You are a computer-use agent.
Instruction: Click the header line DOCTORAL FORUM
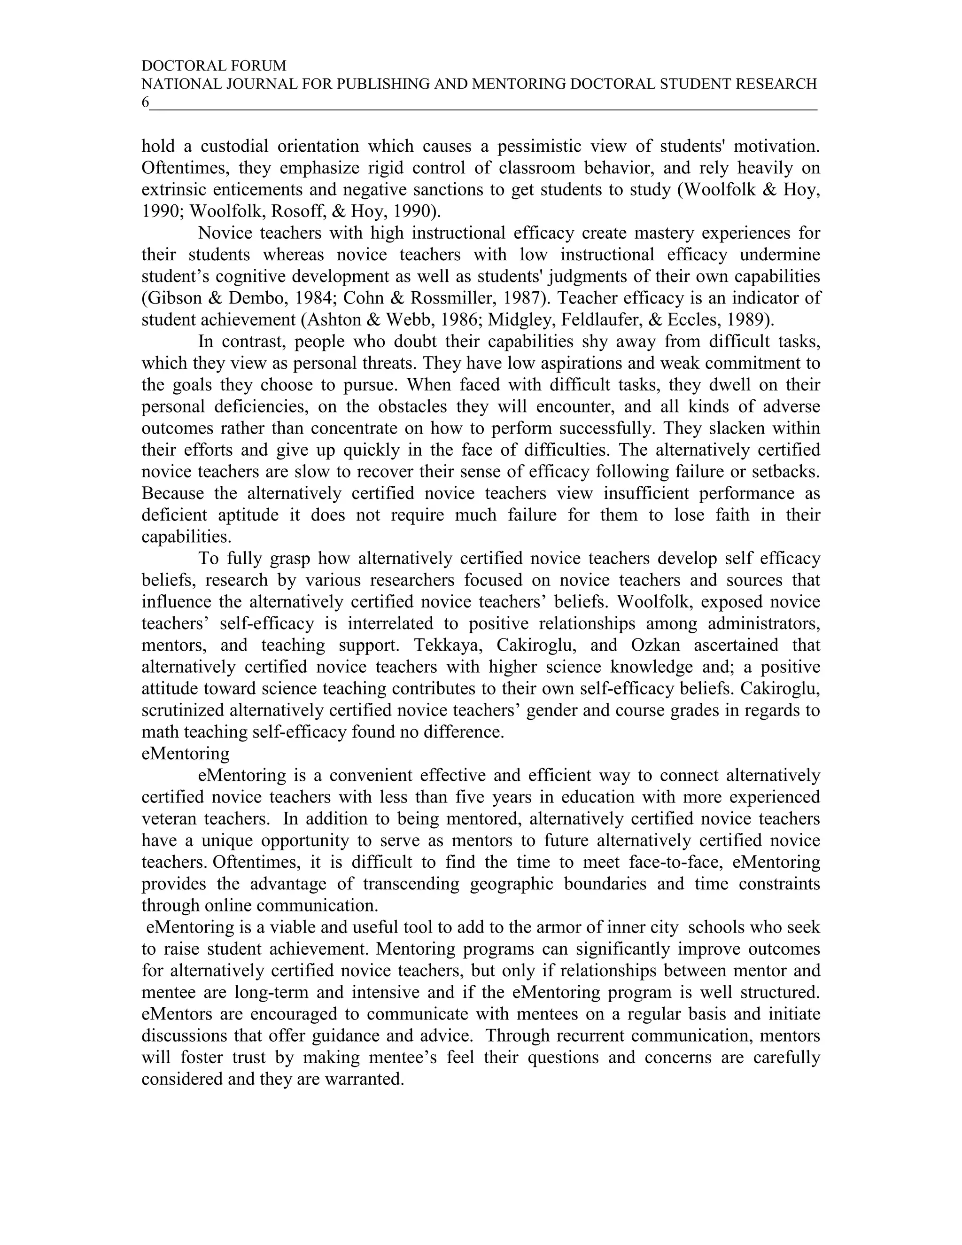[x=214, y=66]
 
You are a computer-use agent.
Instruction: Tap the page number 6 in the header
[x=145, y=102]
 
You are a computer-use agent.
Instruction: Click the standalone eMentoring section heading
[x=185, y=754]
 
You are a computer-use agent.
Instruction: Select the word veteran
[x=169, y=818]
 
